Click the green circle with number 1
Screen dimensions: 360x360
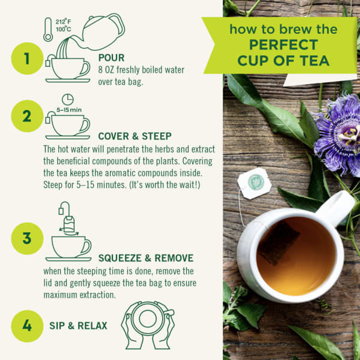(x=27, y=58)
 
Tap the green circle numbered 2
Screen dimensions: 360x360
(x=27, y=116)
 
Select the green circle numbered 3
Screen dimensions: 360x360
(x=27, y=238)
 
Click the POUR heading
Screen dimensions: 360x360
(x=111, y=58)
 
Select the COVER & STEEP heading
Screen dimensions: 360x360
(x=135, y=136)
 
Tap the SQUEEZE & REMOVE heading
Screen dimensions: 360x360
(x=146, y=258)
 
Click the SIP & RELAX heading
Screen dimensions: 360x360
(x=78, y=326)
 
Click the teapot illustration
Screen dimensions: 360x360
(x=103, y=32)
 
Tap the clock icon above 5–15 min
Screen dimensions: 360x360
(x=67, y=99)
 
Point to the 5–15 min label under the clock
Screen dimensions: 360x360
(x=69, y=110)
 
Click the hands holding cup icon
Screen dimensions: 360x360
(x=148, y=324)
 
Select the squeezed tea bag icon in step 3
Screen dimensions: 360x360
(x=69, y=225)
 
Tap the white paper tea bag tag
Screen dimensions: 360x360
(x=254, y=183)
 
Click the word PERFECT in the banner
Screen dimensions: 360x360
(x=283, y=45)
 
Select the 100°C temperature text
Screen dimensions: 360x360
(x=63, y=29)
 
